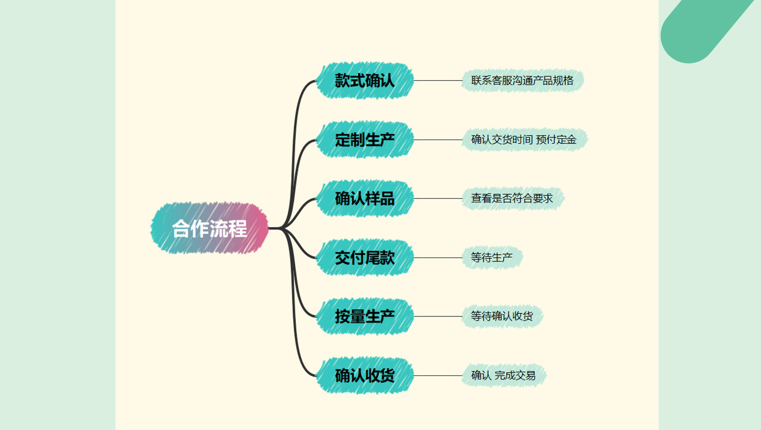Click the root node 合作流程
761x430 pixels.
point(210,228)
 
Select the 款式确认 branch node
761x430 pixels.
point(365,81)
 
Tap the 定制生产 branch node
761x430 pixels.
point(365,140)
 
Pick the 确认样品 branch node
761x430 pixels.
point(365,199)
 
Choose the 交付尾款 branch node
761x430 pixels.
point(365,258)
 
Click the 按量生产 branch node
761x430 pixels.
point(365,317)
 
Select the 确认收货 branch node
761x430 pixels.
point(365,375)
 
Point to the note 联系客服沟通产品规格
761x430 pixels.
point(522,81)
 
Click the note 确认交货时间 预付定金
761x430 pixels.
point(524,140)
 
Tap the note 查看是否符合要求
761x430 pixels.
point(512,199)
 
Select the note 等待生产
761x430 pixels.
point(492,258)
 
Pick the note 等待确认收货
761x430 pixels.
point(502,317)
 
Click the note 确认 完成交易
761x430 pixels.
point(503,375)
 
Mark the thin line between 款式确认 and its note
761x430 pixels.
point(438,81)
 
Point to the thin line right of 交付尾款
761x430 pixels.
point(438,258)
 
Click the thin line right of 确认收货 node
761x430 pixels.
point(438,375)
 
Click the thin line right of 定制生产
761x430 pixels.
point(438,140)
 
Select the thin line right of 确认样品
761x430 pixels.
point(438,199)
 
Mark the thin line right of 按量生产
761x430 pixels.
point(438,317)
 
